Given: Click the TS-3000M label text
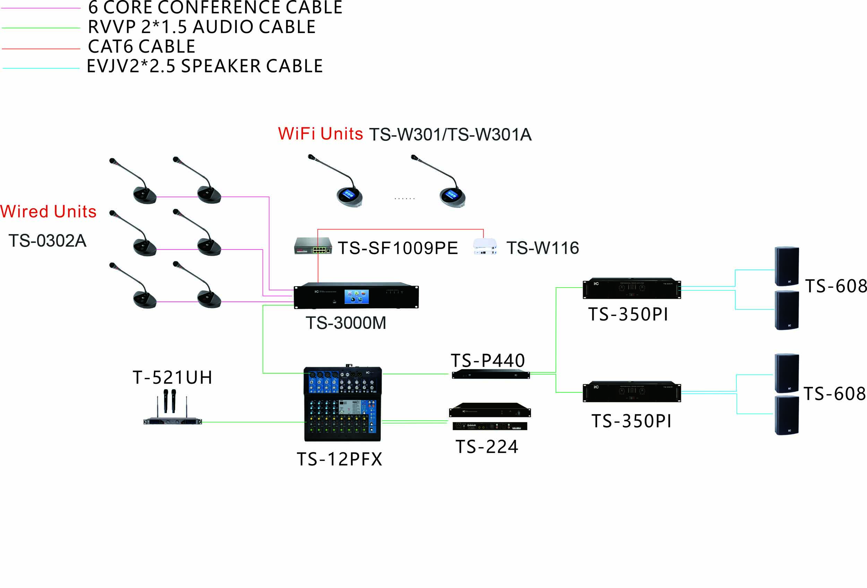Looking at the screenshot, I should (x=346, y=323).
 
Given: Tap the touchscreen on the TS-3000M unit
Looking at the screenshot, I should (x=356, y=297).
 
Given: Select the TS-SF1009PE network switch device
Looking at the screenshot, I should (x=312, y=246).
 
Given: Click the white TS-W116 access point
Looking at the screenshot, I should (x=484, y=246).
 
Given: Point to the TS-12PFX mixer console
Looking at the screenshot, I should (x=343, y=404).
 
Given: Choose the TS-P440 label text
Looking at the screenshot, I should (x=488, y=360).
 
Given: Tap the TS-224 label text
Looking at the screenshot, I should (x=487, y=446).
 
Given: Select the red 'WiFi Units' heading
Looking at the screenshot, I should (x=320, y=134).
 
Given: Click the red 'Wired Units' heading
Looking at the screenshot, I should (x=49, y=212).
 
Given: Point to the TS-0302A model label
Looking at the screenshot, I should (x=48, y=241).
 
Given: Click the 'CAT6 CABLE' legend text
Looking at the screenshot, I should (x=141, y=46).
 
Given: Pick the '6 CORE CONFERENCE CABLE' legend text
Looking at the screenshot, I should (x=215, y=8).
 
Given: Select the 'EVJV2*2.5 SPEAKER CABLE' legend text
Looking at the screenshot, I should (x=205, y=66).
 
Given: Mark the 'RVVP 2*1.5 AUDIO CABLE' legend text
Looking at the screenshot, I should (x=201, y=27).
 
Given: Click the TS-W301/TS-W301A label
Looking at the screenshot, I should (x=450, y=135).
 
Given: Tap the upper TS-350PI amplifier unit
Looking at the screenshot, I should (x=632, y=288).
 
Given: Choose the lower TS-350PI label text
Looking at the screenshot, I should (x=631, y=421).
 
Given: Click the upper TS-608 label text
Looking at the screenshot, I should (x=835, y=286).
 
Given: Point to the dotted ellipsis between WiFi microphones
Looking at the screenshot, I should (x=404, y=198).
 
